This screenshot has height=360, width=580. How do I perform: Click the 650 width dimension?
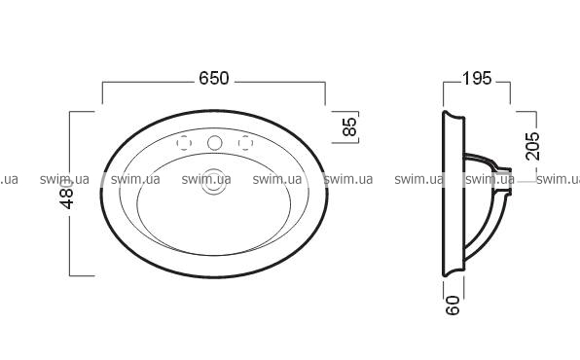[x=214, y=78]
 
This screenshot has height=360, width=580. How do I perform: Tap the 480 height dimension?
[x=67, y=195]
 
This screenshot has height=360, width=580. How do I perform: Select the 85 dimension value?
[x=349, y=126]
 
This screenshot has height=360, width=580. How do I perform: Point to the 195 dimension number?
[x=477, y=78]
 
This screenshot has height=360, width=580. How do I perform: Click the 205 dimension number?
[x=532, y=146]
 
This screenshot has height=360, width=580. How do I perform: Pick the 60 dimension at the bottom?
[x=453, y=306]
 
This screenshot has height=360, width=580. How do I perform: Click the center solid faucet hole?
[x=214, y=143]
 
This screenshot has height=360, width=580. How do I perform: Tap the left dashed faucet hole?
[x=184, y=143]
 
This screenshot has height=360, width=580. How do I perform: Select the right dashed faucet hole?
[x=245, y=143]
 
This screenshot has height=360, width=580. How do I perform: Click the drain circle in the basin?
[x=214, y=182]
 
